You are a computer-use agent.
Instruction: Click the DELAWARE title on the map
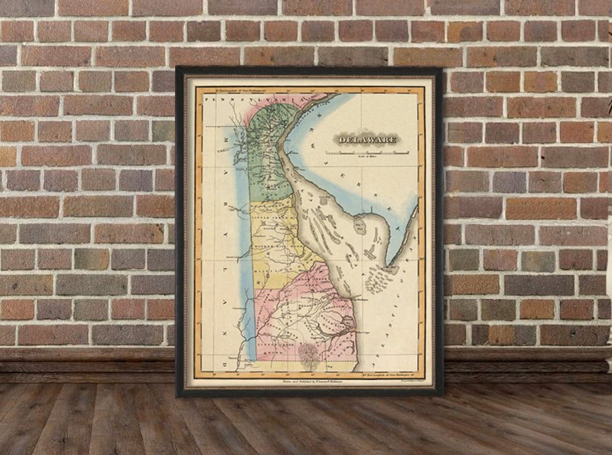click(x=367, y=139)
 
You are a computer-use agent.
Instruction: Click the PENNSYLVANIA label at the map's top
click(x=251, y=98)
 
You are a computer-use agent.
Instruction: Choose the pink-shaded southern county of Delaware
click(x=301, y=313)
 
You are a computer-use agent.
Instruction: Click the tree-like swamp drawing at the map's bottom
click(x=309, y=354)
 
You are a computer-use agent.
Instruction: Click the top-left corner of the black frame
click(x=177, y=68)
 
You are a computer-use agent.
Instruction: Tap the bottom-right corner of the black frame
click(x=441, y=394)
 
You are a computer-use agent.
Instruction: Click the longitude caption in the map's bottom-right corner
click(x=392, y=372)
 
